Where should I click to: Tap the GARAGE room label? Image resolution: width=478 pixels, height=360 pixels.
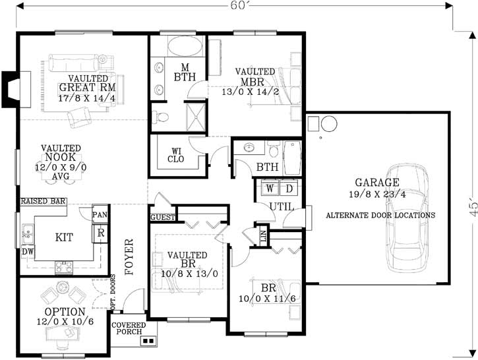pyautogui.click(x=377, y=183)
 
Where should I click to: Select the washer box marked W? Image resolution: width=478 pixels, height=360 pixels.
pyautogui.click(x=270, y=189)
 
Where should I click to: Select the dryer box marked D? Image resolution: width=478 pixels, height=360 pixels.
pyautogui.click(x=288, y=189)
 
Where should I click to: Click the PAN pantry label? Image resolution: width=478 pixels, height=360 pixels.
pyautogui.click(x=100, y=215)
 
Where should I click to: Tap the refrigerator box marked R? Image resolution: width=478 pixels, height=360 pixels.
pyautogui.click(x=101, y=233)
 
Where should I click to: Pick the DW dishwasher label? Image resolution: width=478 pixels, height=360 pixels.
pyautogui.click(x=27, y=252)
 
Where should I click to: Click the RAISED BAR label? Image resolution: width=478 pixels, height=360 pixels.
pyautogui.click(x=43, y=201)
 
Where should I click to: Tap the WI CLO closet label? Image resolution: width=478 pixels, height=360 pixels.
pyautogui.click(x=175, y=154)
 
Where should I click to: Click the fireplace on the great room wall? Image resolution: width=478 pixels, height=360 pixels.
pyautogui.click(x=14, y=87)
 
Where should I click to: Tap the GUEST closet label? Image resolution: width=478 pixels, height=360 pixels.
pyautogui.click(x=162, y=217)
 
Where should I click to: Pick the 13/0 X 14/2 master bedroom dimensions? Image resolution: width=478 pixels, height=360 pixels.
pyautogui.click(x=250, y=92)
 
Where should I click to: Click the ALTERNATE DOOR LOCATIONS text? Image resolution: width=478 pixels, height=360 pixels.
pyautogui.click(x=380, y=215)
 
